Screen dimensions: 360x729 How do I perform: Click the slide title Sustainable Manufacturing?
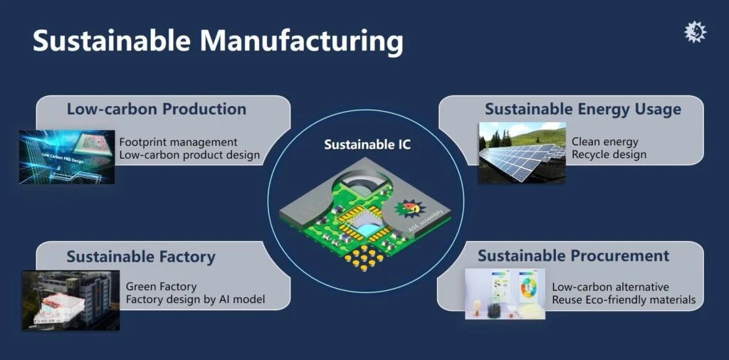coord(217,41)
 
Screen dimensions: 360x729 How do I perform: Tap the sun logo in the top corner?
coord(695,32)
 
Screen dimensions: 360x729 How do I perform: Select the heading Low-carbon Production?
coord(157,109)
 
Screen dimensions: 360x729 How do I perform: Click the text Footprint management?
coord(178,142)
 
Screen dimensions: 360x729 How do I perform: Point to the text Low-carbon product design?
coord(189,155)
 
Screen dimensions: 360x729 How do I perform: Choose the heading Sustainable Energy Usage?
coord(582,109)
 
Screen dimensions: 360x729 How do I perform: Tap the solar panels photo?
coord(522,153)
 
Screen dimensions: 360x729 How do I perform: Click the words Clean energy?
coord(604,142)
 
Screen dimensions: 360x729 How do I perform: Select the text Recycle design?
coord(609,155)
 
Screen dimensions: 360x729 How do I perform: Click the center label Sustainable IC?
coord(367,144)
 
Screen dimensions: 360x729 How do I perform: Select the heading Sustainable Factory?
coord(141,256)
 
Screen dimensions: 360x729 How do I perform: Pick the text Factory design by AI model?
coord(195,300)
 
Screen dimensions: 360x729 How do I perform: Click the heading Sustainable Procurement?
coord(573,255)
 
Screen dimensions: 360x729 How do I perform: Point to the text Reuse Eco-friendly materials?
coord(624,300)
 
